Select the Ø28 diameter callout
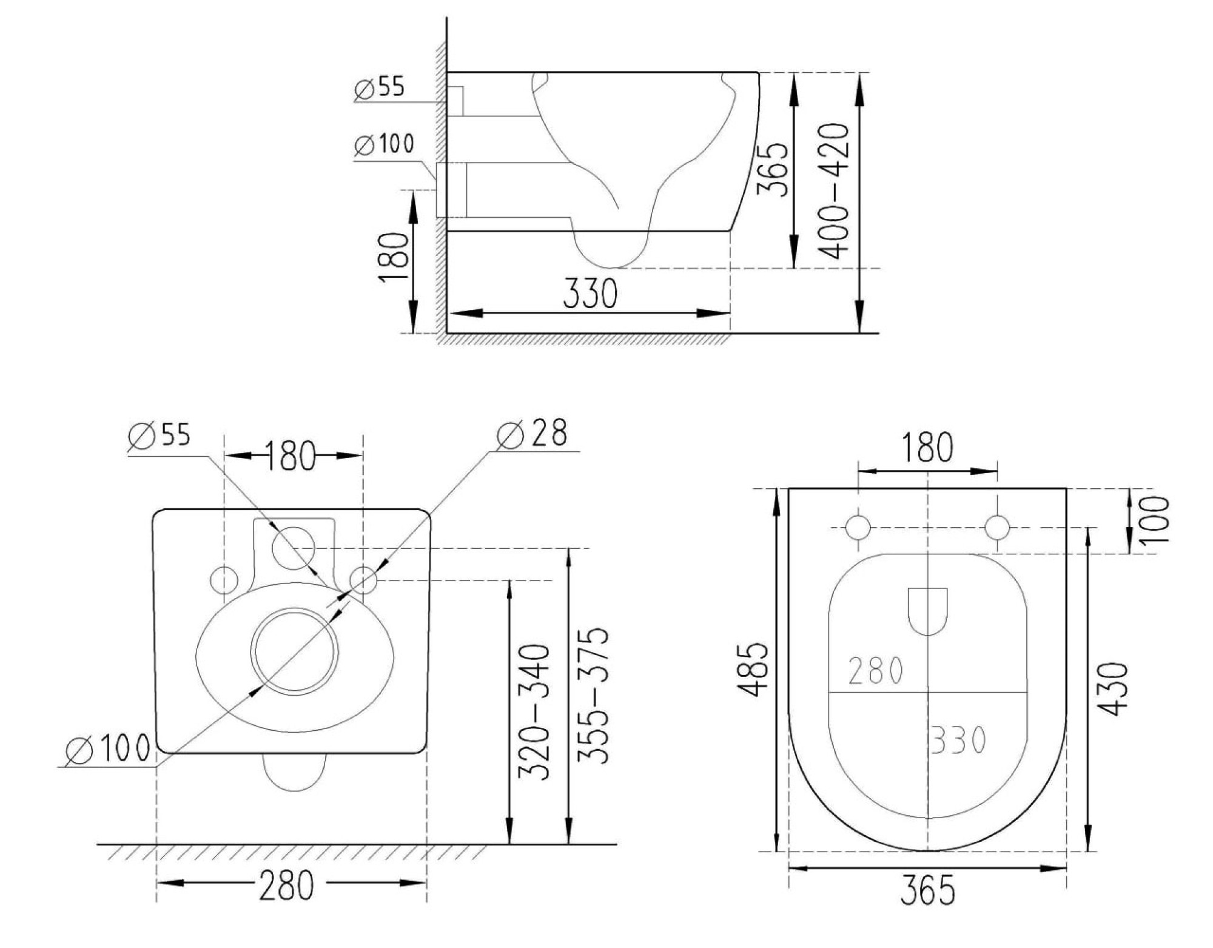pos(532,434)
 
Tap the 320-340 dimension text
pos(534,712)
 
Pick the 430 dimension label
pos(1114,688)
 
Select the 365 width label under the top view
pos(928,891)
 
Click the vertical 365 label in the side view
pos(774,169)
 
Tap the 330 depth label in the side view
pos(590,294)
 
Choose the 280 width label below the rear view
pos(287,885)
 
